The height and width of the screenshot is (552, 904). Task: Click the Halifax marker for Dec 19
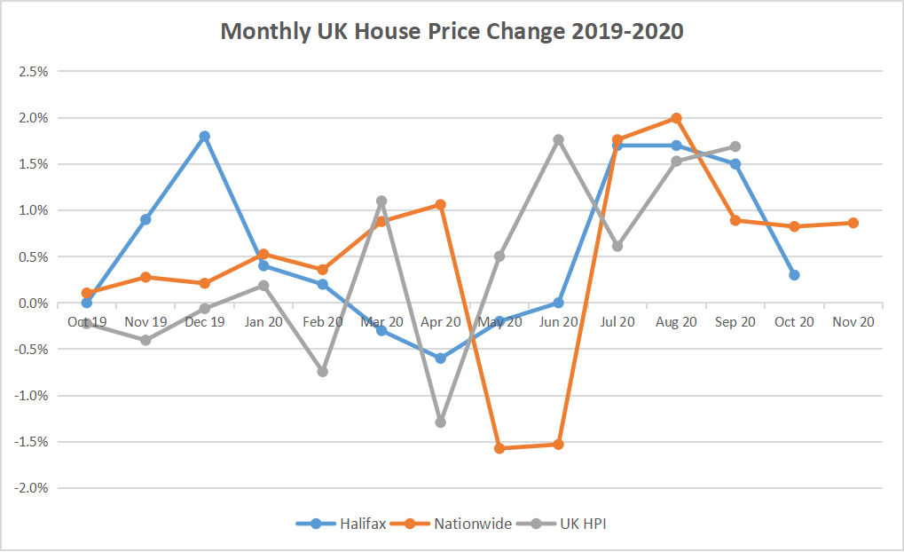[205, 137]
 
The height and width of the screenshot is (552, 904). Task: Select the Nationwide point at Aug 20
[676, 118]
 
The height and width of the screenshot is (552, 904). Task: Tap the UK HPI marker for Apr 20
[440, 422]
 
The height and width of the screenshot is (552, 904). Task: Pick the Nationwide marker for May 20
[499, 448]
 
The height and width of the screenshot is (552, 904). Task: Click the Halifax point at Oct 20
[794, 275]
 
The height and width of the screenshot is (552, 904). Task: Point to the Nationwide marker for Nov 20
[853, 223]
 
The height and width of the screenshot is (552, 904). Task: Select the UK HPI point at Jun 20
[558, 139]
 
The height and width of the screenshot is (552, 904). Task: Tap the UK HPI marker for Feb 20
[323, 371]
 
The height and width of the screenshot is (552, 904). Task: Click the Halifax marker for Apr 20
[440, 359]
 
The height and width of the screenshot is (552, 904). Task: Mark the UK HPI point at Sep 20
[735, 146]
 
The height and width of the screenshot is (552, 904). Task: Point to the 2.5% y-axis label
[33, 72]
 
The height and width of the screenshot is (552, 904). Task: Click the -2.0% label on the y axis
[30, 488]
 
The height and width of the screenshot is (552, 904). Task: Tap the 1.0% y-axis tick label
[33, 210]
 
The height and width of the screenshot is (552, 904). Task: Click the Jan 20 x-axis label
[263, 322]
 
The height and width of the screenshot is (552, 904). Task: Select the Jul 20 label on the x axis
[617, 322]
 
